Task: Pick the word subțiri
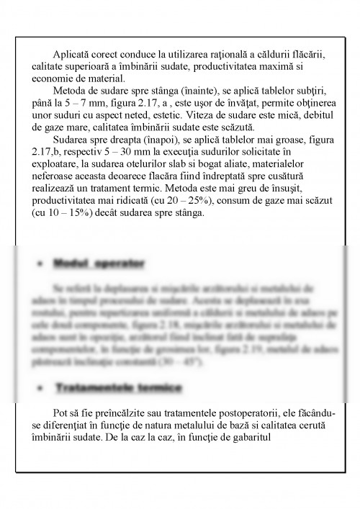click(307, 91)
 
